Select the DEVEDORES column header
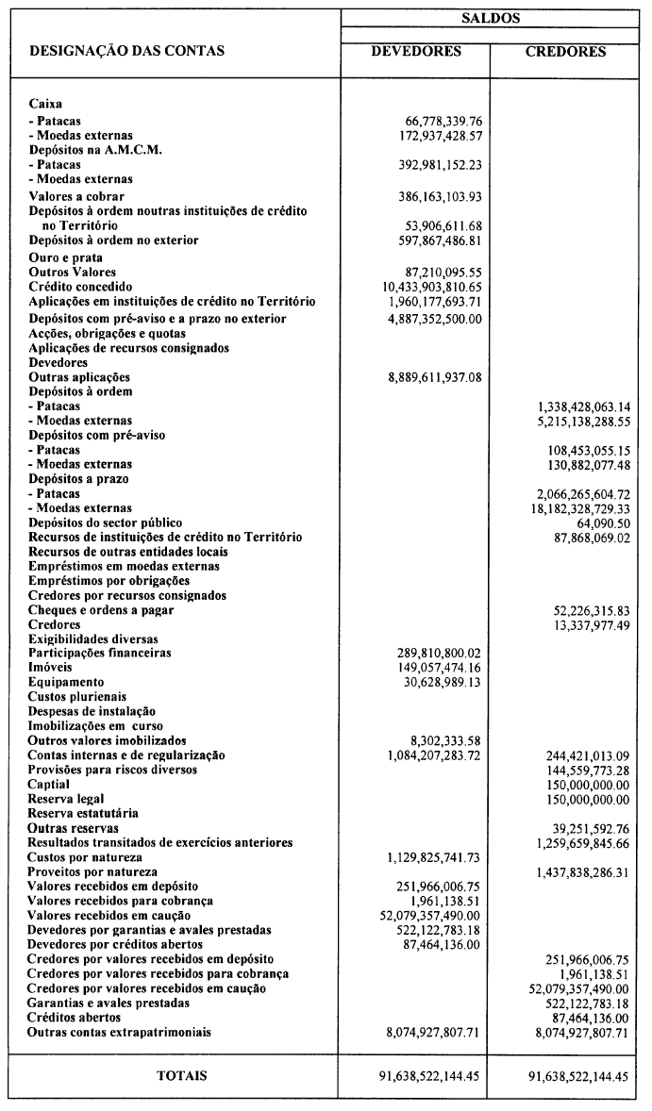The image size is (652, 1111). tap(416, 52)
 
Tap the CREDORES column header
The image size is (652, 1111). tap(565, 52)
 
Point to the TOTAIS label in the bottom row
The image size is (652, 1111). tap(182, 1075)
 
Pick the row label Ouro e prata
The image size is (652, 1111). tap(66, 257)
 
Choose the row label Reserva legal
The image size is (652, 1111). tap(65, 799)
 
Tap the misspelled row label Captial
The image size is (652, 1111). tap(49, 785)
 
